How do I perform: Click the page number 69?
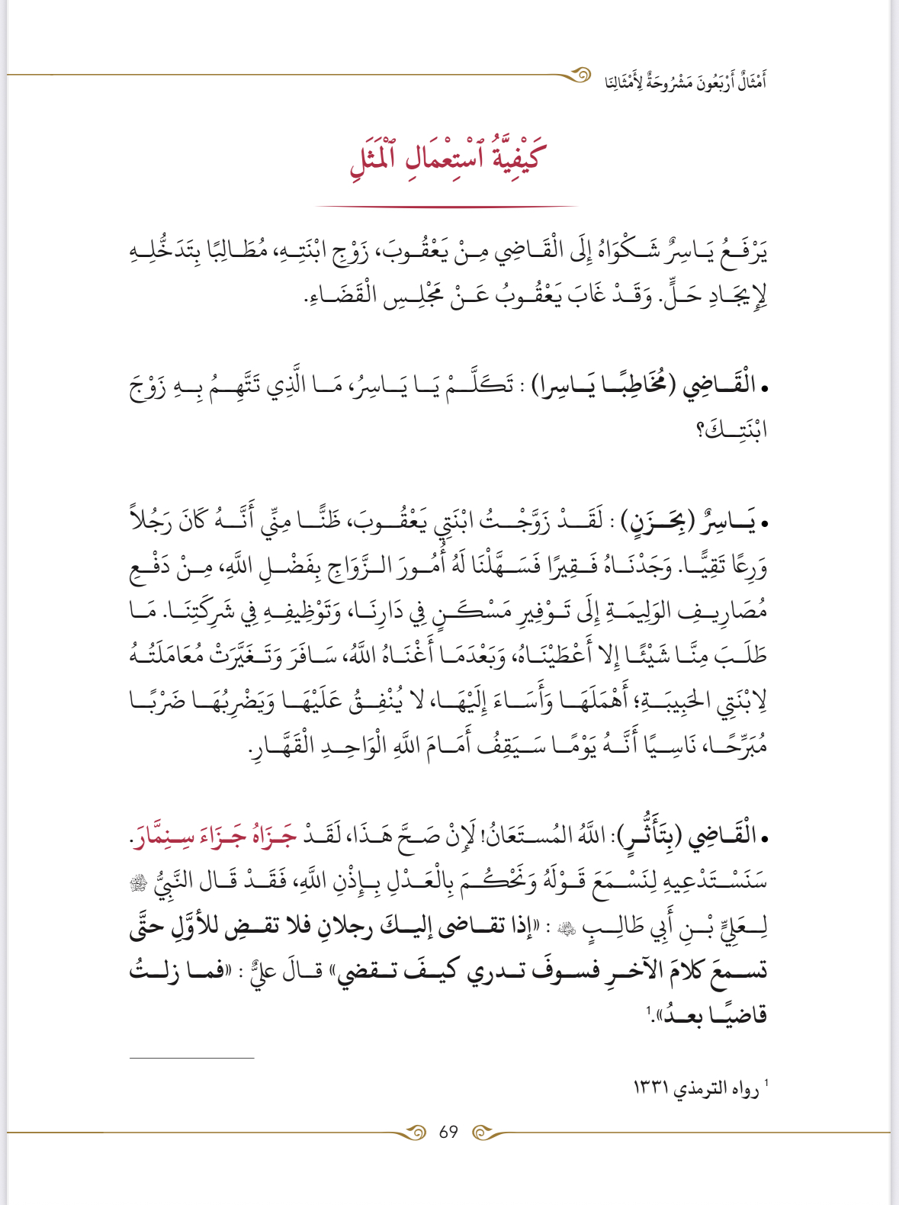448,1132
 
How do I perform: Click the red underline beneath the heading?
447,206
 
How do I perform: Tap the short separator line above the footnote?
191,1058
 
